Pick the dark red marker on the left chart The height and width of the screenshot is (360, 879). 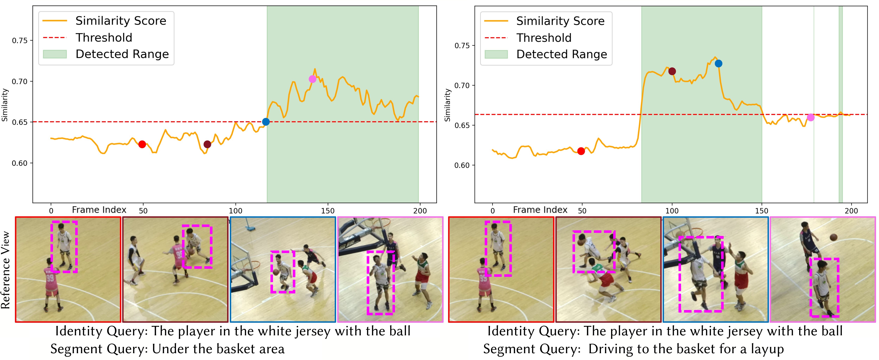tap(207, 144)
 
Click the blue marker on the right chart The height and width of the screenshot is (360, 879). tap(718, 63)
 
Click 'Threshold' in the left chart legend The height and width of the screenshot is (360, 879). tap(104, 37)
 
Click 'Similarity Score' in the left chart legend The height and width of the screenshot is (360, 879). tap(121, 21)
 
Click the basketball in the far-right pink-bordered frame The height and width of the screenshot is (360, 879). tap(833, 237)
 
